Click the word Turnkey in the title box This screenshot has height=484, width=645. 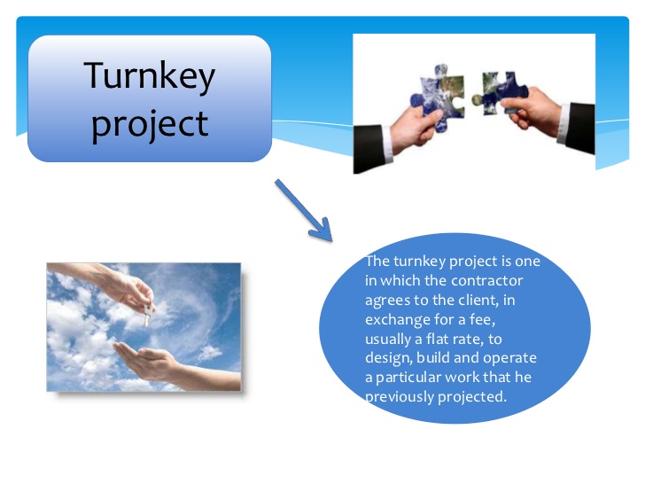pyautogui.click(x=150, y=75)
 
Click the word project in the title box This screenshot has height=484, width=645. pyautogui.click(x=150, y=125)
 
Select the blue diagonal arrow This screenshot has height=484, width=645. pyautogui.click(x=304, y=210)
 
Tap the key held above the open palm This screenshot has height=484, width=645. pyautogui.click(x=148, y=314)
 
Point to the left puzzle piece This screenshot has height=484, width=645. pyautogui.click(x=437, y=98)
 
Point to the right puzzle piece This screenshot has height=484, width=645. pyautogui.click(x=500, y=93)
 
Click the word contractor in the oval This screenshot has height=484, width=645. pyautogui.click(x=487, y=281)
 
